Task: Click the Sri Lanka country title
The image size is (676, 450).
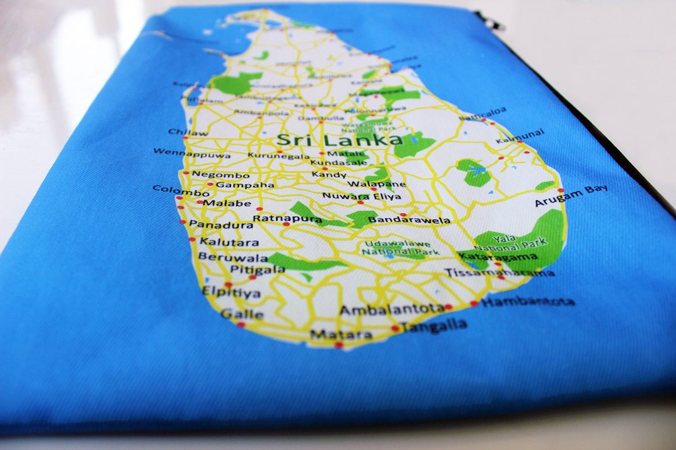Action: point(339,139)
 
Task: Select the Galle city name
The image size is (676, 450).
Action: point(242,314)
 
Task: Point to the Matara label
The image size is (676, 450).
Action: point(341,334)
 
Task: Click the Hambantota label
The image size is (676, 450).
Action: point(528,302)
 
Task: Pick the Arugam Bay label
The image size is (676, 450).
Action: point(570,196)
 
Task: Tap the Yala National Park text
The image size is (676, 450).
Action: point(519,242)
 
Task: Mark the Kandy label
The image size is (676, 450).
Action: point(329,175)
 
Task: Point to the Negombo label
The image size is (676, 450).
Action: point(220,174)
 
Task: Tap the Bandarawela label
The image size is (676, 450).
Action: point(409,220)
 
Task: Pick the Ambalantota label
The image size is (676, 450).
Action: point(391,309)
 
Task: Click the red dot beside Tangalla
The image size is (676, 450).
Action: point(395,328)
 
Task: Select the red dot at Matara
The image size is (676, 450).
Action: point(339,345)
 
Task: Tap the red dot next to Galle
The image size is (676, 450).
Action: point(240,325)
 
